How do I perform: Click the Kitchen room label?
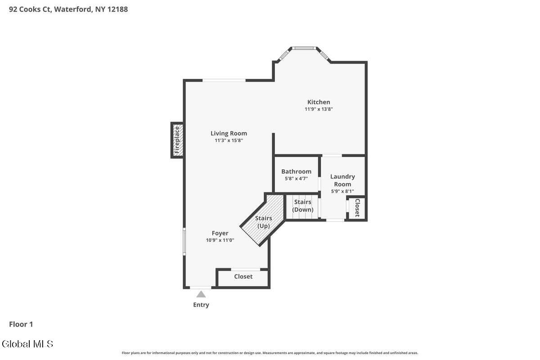pos(319,102)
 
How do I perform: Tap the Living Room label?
pos(229,133)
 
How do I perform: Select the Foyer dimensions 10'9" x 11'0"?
pos(220,240)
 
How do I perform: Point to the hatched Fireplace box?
pos(177,140)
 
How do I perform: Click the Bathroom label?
pos(296,171)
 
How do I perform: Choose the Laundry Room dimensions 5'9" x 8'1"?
pos(342,191)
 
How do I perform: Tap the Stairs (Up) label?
pos(264,222)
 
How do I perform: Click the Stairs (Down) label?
pos(302,206)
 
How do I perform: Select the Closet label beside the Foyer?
pos(243,277)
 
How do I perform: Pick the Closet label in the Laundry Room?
pos(357,207)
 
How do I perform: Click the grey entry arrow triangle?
pos(201,294)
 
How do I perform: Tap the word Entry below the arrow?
pos(201,305)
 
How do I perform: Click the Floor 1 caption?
pos(21,324)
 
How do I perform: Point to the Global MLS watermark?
pos(27,344)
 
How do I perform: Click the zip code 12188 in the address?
pos(117,9)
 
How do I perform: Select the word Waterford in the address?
pos(73,9)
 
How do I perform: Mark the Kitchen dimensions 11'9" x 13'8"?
pos(319,109)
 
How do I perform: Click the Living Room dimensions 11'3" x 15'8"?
pos(229,140)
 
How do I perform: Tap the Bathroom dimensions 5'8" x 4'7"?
pos(296,179)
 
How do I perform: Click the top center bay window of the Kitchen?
pos(304,48)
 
